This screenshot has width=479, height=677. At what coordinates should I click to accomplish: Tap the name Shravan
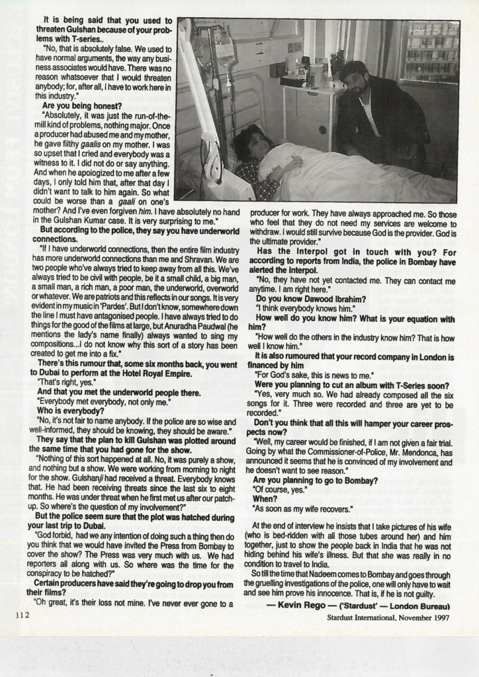(x=154, y=271)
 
